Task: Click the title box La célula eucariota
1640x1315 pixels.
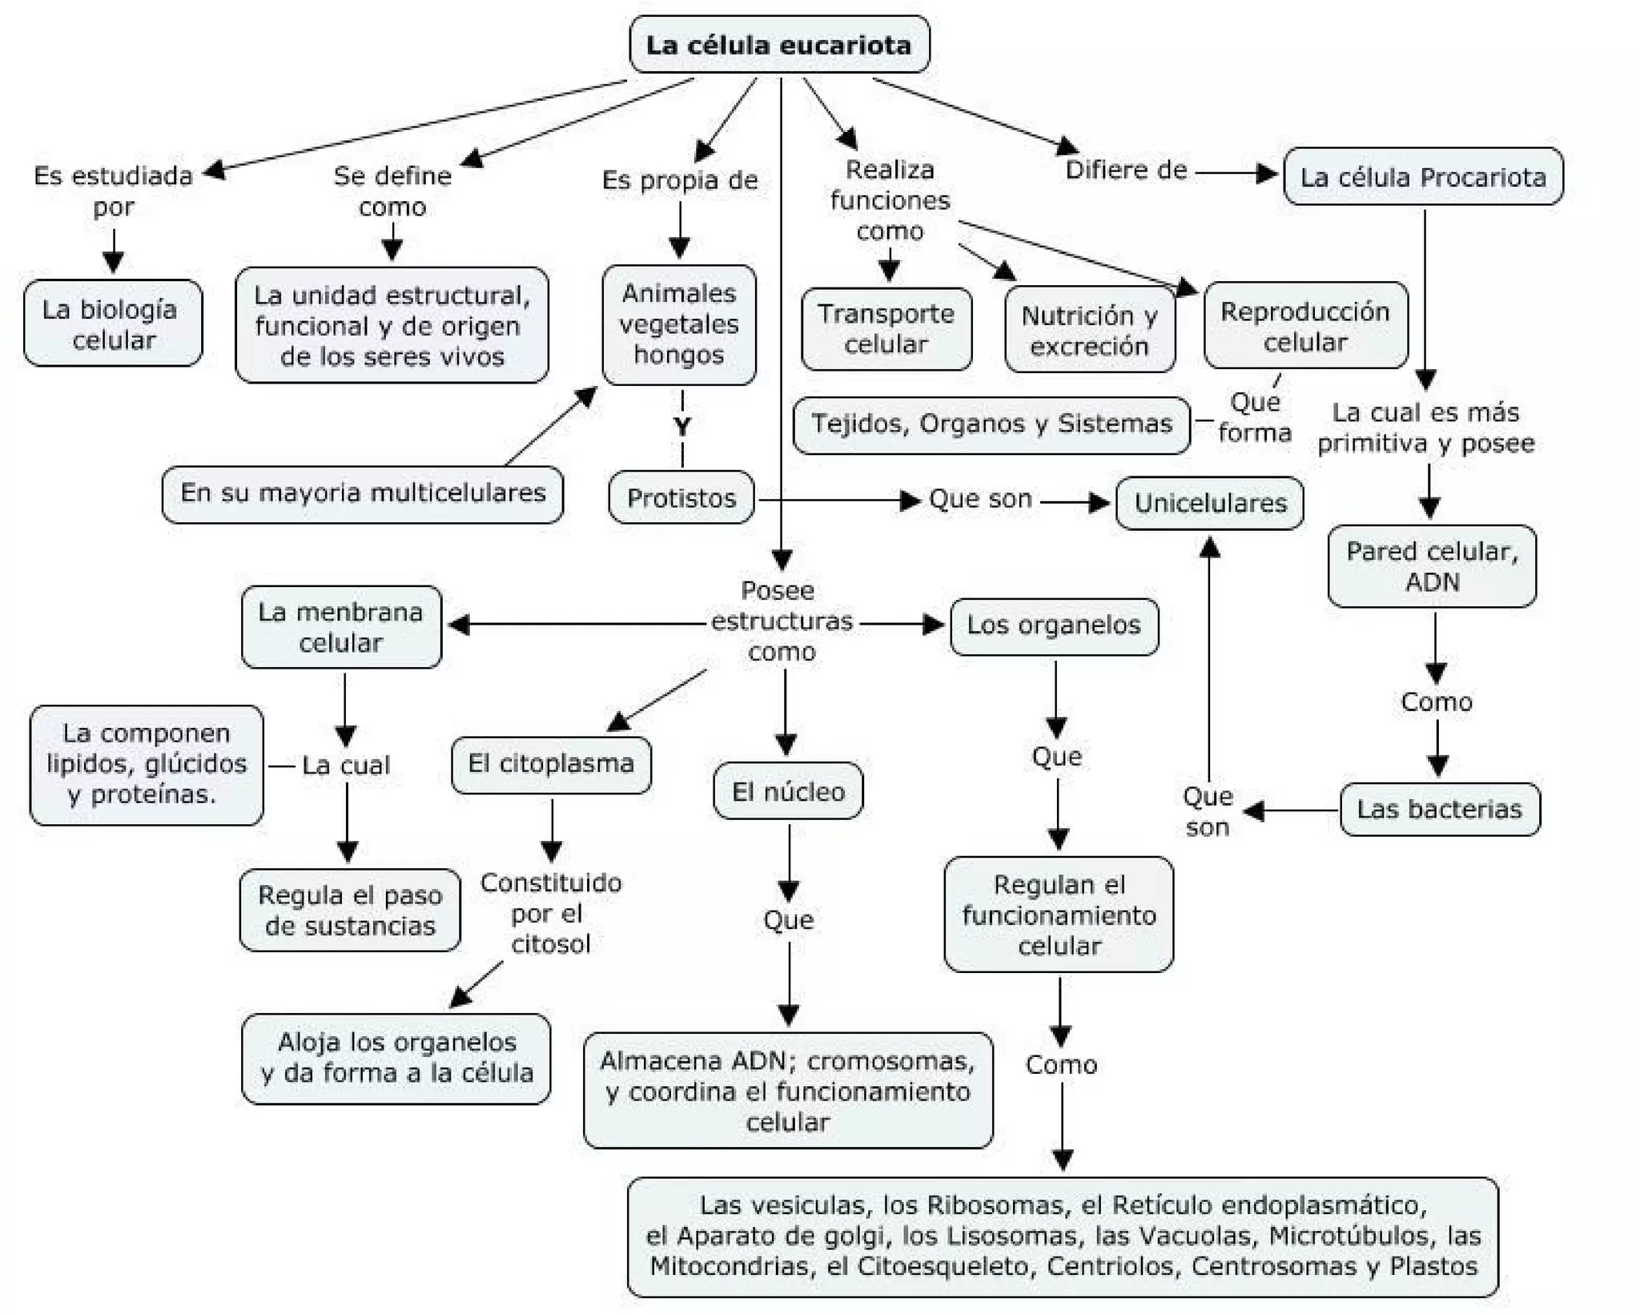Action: (779, 45)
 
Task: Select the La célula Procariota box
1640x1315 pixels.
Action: (1423, 177)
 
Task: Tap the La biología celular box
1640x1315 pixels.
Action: (113, 324)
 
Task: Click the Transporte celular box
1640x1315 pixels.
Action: (886, 329)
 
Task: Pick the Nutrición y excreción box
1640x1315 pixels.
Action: (1090, 330)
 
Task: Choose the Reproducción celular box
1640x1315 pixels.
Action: (1305, 326)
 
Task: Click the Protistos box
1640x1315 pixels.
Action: (681, 498)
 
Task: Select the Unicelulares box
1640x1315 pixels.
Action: (1210, 503)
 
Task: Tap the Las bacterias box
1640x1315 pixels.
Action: (1440, 809)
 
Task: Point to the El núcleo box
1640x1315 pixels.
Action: (789, 791)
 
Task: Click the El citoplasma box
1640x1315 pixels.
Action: (552, 765)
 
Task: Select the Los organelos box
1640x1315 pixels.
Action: (1054, 626)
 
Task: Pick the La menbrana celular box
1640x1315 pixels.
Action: (341, 627)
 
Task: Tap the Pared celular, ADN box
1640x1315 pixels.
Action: (1432, 566)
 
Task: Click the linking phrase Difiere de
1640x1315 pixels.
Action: (1126, 170)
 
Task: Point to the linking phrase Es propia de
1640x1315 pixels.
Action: (680, 180)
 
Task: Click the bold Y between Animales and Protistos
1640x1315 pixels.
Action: (682, 427)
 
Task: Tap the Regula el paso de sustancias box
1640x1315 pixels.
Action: (350, 911)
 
